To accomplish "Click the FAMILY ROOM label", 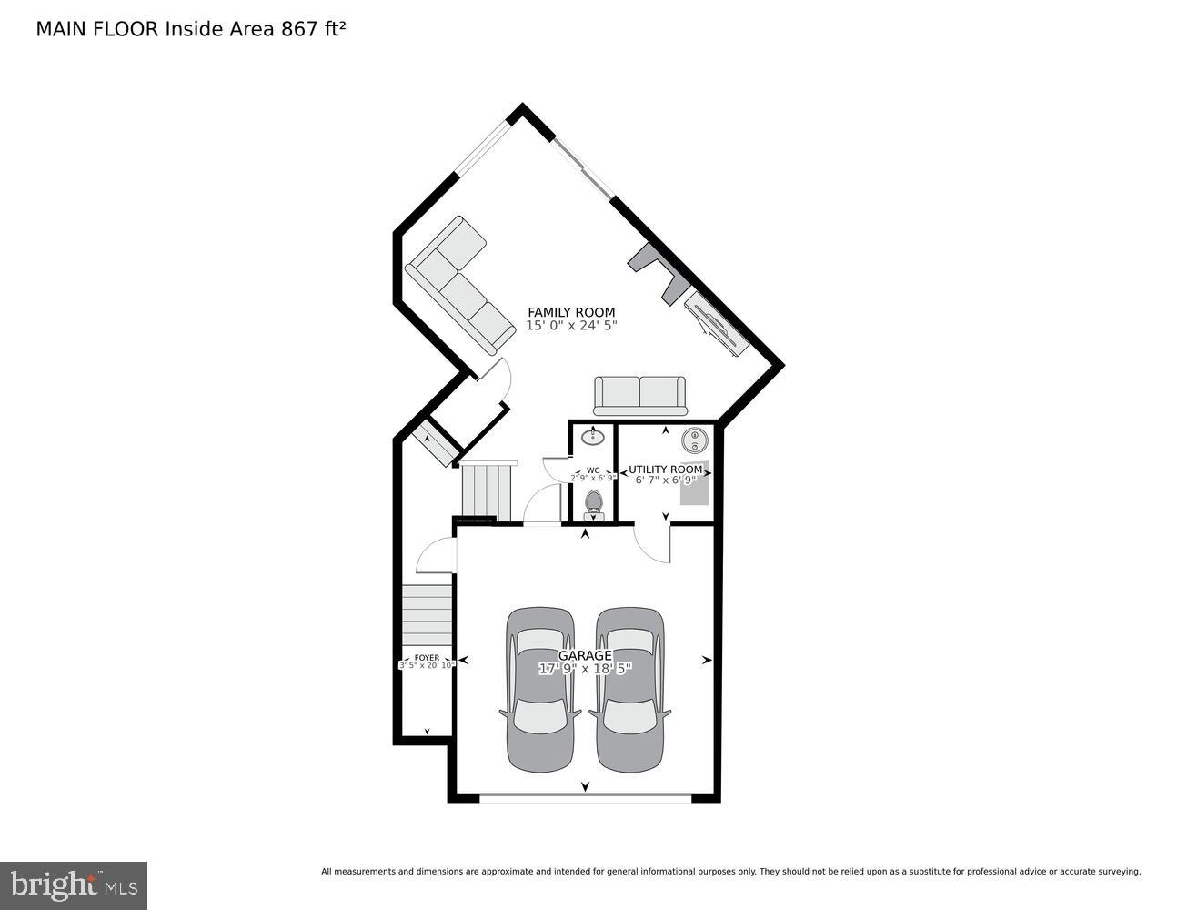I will [x=571, y=312].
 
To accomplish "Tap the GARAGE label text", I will [x=584, y=655].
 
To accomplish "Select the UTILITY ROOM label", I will [x=665, y=470].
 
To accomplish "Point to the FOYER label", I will [x=427, y=657].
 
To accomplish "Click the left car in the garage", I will [x=540, y=689].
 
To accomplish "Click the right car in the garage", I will [x=629, y=689].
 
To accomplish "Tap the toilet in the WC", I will [x=593, y=503].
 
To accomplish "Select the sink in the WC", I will [x=593, y=437].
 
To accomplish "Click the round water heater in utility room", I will [x=695, y=440].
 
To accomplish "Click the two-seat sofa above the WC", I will [x=639, y=395].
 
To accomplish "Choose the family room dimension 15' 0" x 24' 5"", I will [x=571, y=326].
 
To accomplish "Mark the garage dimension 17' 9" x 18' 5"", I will [x=584, y=669].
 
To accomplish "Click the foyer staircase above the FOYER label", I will [x=427, y=614].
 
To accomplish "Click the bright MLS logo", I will [x=74, y=885].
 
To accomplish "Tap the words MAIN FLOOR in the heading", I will [x=97, y=28].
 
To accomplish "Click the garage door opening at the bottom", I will [x=585, y=798].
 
